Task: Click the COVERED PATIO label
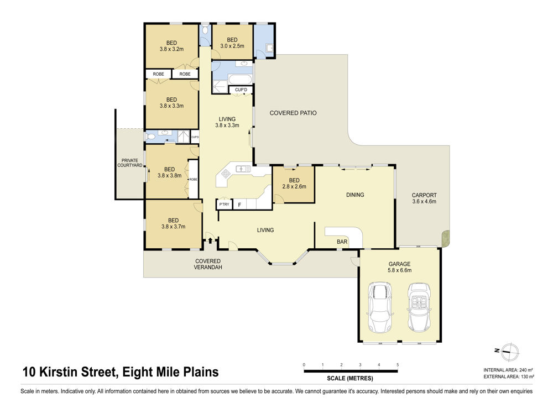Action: click(293, 113)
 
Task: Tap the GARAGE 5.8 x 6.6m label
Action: click(399, 267)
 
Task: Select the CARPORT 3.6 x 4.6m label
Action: click(424, 198)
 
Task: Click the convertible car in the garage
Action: click(419, 307)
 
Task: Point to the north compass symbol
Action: click(508, 352)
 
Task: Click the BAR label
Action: click(342, 242)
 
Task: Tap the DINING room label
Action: click(355, 195)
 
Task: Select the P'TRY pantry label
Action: click(224, 204)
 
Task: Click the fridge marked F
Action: click(239, 205)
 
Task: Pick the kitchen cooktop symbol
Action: click(226, 173)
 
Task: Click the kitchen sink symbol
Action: click(243, 169)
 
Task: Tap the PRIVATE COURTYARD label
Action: click(130, 163)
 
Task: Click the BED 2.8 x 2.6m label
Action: click(294, 184)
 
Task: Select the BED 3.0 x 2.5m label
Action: click(232, 43)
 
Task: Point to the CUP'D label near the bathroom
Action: click(241, 90)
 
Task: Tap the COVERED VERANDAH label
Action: click(208, 264)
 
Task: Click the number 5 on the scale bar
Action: click(398, 365)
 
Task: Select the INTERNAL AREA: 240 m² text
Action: click(508, 370)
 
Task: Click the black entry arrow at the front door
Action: click(210, 240)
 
